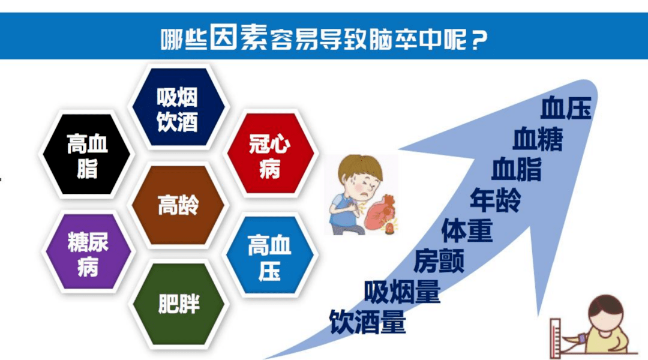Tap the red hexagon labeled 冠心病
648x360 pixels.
270,154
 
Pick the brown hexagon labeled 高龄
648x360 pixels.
178,205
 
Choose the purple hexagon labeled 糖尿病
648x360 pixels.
88,254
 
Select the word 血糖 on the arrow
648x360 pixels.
538,140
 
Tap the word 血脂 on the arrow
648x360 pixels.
516,170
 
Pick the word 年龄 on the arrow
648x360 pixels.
496,200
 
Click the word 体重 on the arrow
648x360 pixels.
467,230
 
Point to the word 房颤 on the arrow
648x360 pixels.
439,261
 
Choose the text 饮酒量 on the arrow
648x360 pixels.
367,322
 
